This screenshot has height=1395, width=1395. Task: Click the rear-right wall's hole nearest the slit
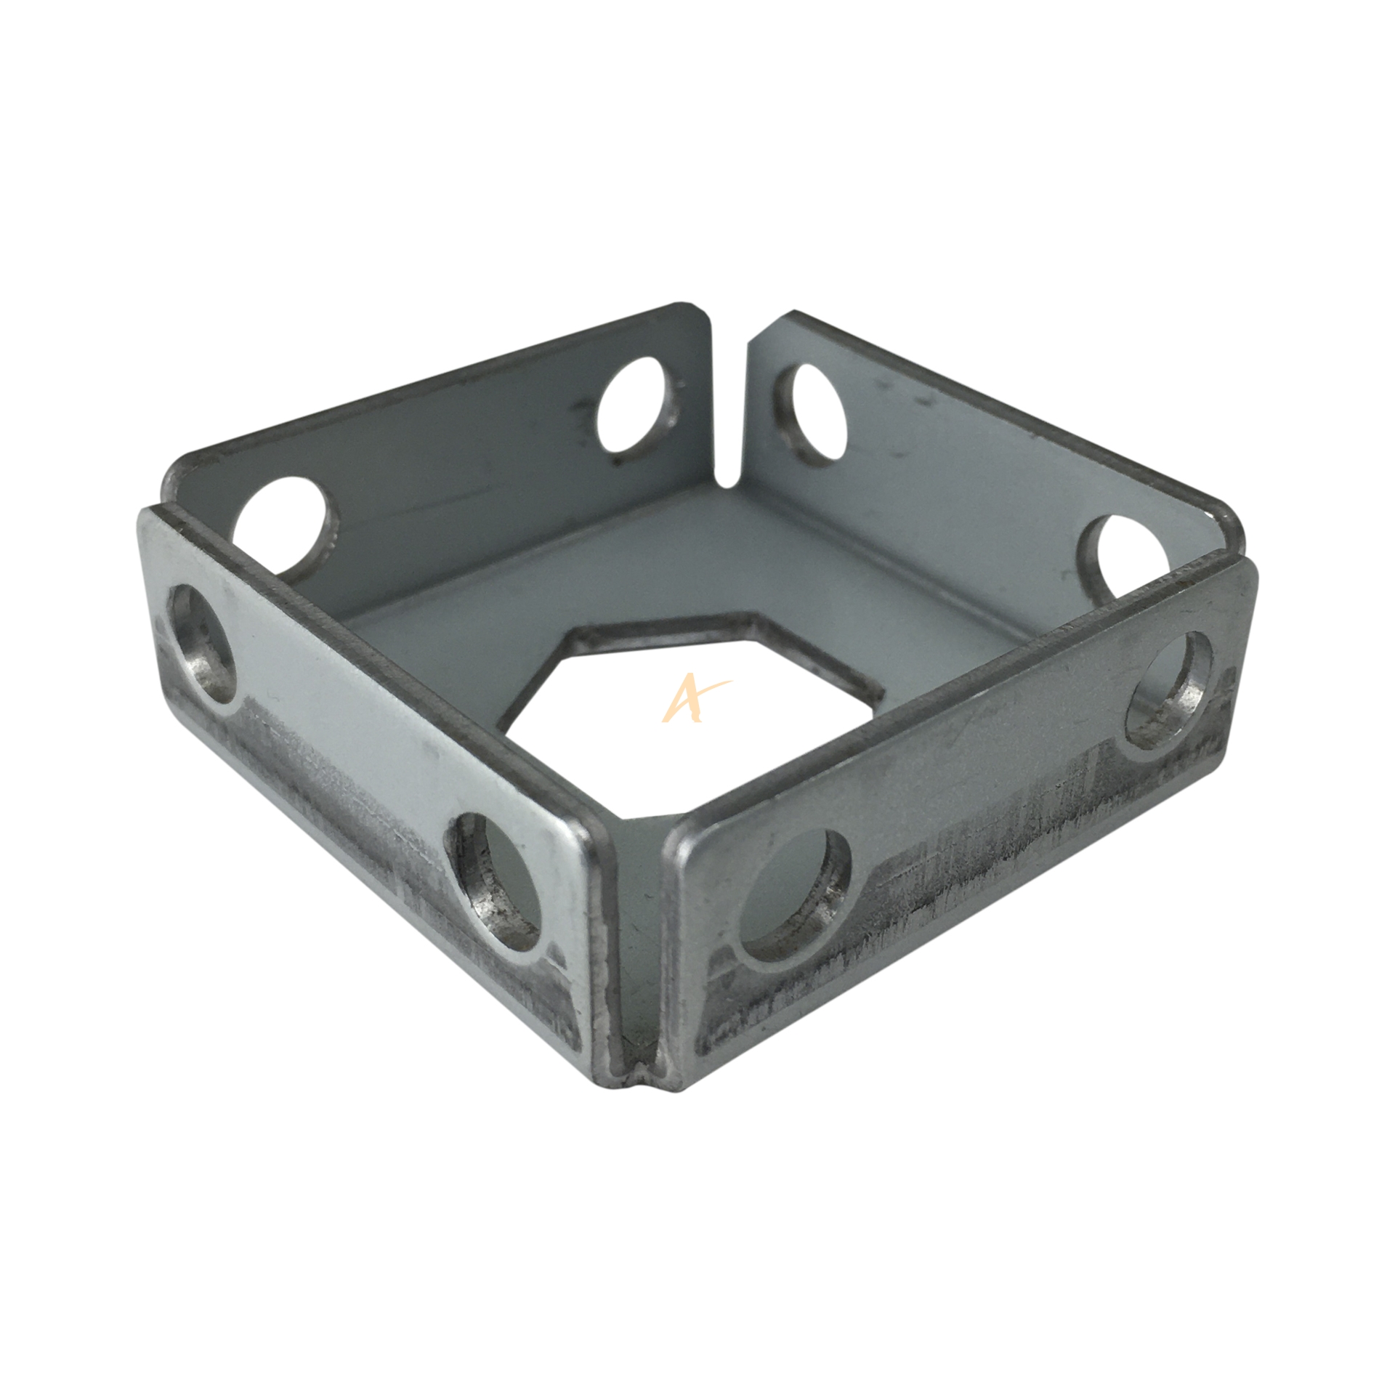812,411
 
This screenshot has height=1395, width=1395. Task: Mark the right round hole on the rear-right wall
1125,552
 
